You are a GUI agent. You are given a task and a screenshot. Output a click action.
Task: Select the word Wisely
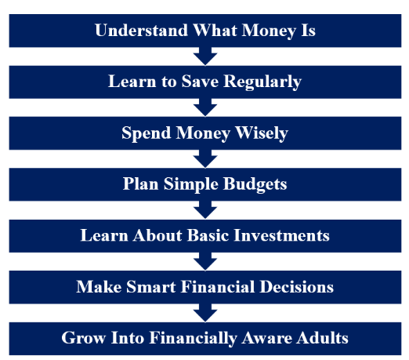[261, 133]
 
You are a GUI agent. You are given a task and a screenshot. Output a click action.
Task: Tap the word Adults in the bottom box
[323, 338]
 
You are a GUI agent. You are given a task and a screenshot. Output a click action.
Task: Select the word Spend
[146, 133]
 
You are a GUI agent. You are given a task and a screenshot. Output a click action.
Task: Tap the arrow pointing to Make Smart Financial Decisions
[204, 261]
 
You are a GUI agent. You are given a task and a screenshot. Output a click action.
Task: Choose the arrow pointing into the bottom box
[204, 312]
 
